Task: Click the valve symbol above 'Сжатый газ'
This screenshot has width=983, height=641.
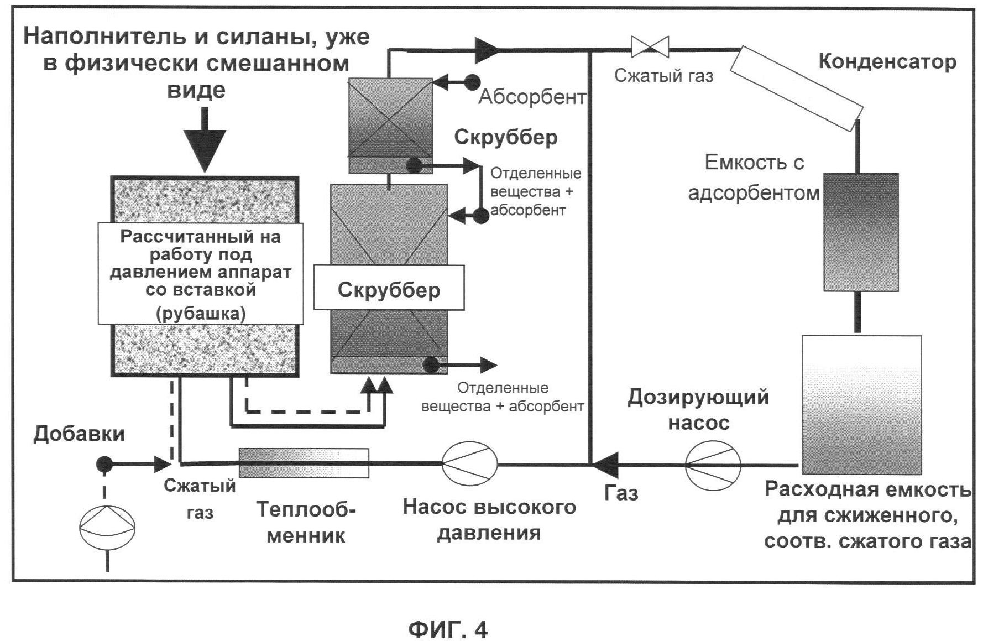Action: click(650, 46)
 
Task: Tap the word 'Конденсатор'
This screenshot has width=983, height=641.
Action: click(887, 61)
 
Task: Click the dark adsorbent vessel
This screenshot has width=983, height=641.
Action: click(861, 232)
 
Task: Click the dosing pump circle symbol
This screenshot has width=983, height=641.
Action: click(713, 465)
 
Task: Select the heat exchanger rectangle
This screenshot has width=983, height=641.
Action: click(304, 463)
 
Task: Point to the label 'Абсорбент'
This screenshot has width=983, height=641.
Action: click(532, 97)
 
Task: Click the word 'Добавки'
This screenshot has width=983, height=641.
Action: click(79, 434)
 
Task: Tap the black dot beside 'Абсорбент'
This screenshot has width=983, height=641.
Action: click(472, 82)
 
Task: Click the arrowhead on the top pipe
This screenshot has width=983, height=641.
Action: click(487, 48)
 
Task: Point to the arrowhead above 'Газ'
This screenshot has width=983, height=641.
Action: click(604, 465)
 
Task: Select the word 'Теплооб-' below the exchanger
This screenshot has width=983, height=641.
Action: click(306, 509)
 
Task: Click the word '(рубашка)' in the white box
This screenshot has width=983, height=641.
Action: click(201, 314)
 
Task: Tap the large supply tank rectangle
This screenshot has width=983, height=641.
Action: click(861, 405)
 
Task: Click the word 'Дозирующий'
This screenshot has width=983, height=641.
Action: click(698, 397)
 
